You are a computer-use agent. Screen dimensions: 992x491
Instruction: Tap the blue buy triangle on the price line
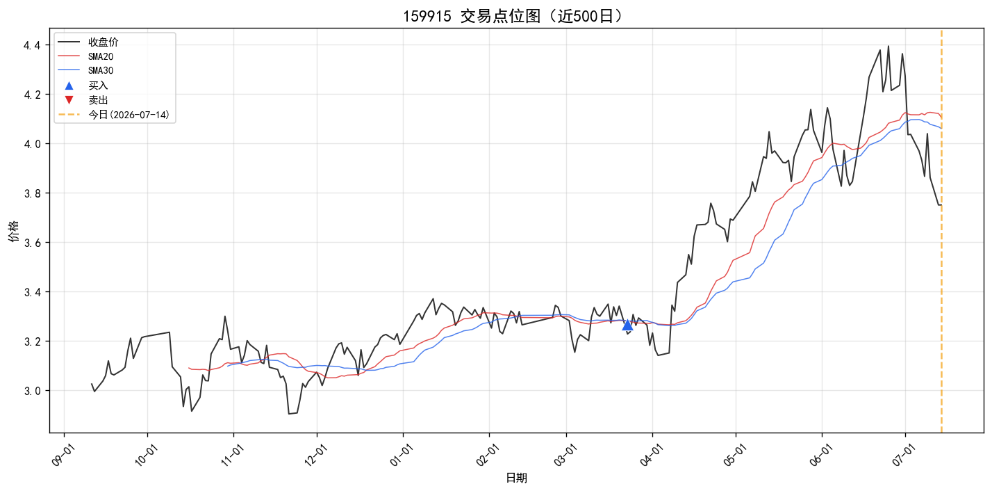click(627, 325)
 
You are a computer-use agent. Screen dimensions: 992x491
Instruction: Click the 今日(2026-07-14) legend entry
click(114, 115)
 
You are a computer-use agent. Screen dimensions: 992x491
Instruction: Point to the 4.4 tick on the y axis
click(32, 45)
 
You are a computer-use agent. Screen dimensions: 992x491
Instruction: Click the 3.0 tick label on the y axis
click(32, 391)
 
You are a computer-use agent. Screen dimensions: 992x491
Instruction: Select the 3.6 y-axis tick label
click(32, 243)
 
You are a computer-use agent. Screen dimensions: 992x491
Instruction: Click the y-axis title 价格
click(14, 231)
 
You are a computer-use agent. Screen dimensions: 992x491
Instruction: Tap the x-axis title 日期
click(516, 478)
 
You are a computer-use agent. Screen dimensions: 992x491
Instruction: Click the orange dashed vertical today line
click(941, 231)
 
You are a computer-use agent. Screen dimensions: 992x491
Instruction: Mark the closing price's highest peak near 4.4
click(888, 46)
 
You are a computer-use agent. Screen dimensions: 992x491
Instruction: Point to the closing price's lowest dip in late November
click(289, 414)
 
